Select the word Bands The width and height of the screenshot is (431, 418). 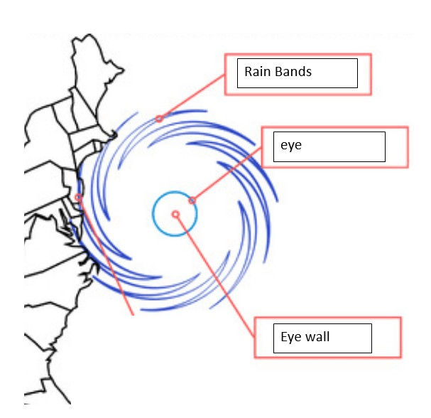293,72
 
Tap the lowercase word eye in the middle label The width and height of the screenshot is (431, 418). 291,146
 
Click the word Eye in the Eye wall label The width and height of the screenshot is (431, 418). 290,337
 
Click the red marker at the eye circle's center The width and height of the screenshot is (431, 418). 175,214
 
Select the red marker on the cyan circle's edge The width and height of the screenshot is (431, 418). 192,200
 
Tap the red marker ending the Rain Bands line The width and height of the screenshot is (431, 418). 159,119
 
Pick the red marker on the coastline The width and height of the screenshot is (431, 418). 79,198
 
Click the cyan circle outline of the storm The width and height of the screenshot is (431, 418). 153,213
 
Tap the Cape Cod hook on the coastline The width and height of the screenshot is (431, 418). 113,135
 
